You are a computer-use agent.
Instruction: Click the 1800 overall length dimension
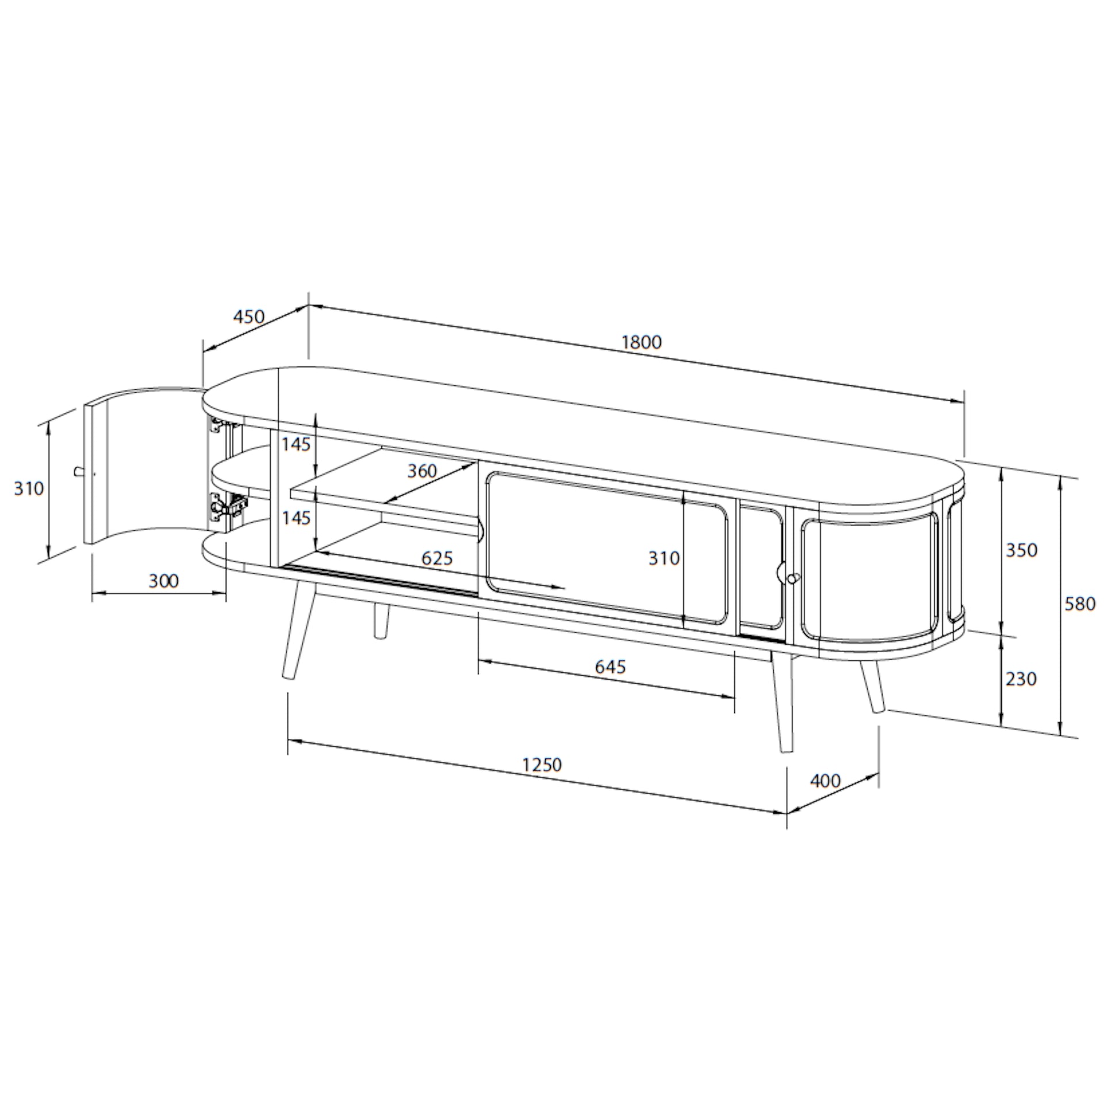641,342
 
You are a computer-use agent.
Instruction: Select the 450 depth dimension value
248,317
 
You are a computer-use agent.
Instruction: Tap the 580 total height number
1080,604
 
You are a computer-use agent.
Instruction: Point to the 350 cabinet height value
1021,550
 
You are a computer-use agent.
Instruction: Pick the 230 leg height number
1021,678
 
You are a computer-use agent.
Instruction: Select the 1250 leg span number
542,765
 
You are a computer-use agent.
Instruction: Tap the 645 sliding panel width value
611,667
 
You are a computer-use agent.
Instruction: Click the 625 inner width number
436,558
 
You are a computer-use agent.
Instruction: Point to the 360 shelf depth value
421,471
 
